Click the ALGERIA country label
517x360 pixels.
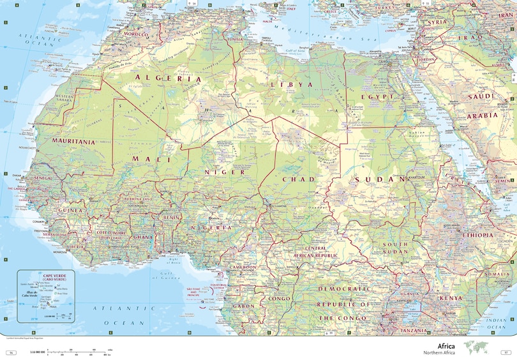click(167, 79)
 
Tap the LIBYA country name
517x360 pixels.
click(292, 84)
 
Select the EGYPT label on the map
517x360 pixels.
click(373, 97)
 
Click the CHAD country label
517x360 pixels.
click(299, 179)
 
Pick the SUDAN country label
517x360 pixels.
click(381, 179)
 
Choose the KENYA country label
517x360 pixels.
click(451, 298)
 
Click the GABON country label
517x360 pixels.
click(226, 306)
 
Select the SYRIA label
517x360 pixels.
click(438, 22)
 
